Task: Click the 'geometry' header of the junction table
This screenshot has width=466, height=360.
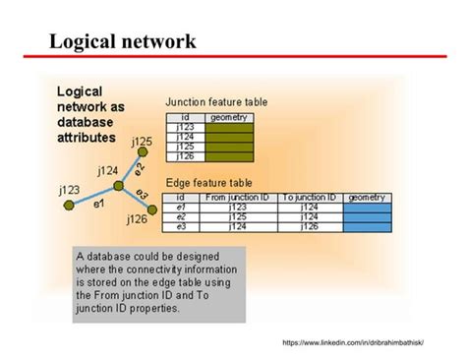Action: [229, 117]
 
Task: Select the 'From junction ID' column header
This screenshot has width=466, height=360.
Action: [237, 198]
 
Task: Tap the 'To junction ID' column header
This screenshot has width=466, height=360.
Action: [309, 198]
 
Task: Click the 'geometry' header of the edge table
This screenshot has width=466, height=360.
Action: [368, 198]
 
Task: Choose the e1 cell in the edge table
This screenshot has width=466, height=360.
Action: [181, 208]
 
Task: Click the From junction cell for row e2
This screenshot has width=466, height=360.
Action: [237, 217]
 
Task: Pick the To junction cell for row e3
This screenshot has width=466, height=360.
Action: [309, 227]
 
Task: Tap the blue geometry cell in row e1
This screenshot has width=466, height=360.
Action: [368, 208]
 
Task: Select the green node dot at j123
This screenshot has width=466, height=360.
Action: [68, 205]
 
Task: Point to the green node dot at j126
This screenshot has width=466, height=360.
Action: [153, 209]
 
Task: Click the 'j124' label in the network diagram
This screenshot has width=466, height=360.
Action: [108, 170]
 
